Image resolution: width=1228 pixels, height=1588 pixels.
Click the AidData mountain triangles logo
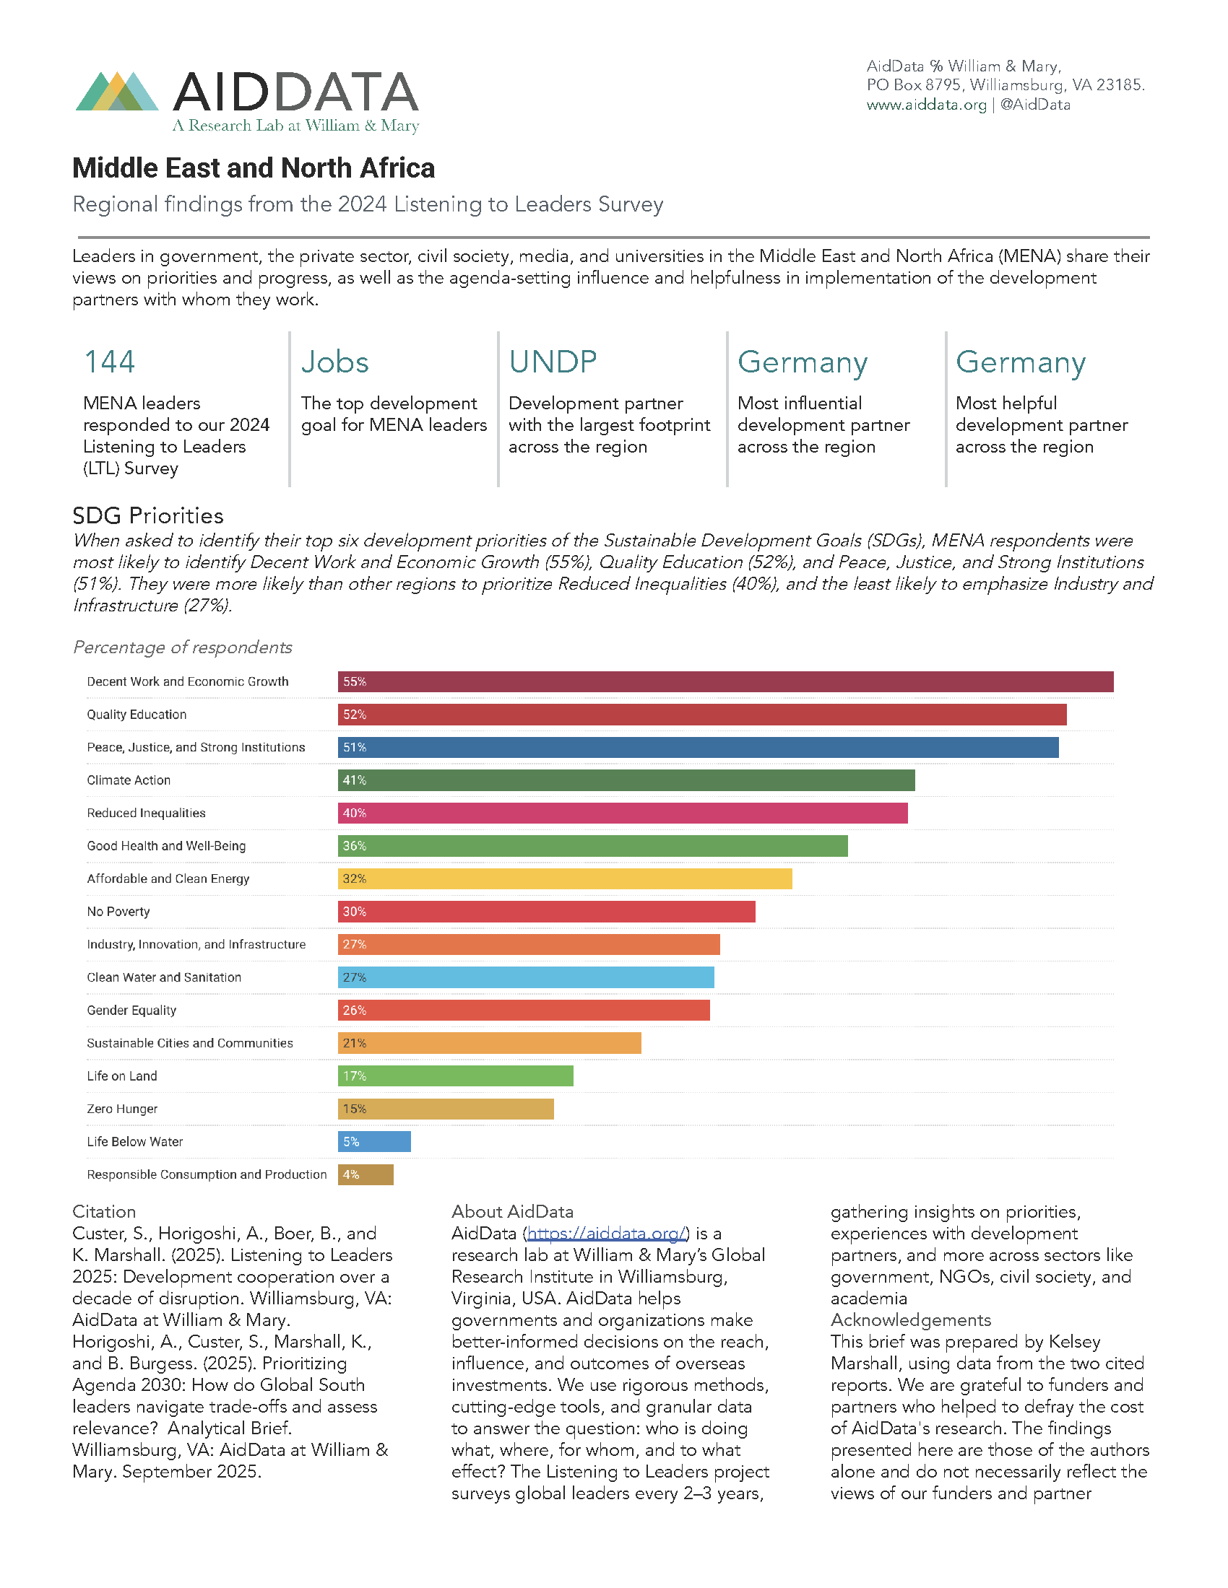pos(117,92)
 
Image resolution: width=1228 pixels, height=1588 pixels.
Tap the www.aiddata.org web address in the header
pos(926,105)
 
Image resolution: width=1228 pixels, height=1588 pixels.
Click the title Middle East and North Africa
pos(253,168)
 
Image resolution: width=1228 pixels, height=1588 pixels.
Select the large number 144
pos(110,362)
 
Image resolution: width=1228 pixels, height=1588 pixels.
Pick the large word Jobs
pos(334,362)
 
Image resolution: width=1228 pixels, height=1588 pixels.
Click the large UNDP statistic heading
pos(553,362)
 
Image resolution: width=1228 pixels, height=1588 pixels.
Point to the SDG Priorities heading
pos(147,515)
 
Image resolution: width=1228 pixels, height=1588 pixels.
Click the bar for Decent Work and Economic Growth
pos(725,682)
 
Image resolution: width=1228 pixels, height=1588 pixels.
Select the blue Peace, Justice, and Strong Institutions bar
pos(698,748)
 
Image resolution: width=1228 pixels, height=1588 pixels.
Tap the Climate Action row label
pos(129,780)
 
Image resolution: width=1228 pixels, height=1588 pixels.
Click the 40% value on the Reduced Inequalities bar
pos(354,813)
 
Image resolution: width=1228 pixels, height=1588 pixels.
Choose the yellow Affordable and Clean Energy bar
pos(565,878)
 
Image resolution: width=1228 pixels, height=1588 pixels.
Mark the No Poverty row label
pos(118,912)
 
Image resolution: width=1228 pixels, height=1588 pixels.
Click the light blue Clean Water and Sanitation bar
pos(526,977)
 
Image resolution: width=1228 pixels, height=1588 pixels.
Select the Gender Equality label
pos(131,1010)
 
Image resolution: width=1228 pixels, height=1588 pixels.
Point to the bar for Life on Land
pos(455,1076)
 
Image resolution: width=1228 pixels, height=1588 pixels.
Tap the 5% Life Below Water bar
pos(374,1142)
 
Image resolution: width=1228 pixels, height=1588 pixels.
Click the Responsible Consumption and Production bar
pos(366,1174)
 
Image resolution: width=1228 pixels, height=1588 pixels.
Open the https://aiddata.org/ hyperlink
pos(606,1233)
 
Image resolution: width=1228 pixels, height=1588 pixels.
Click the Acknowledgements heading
pos(911,1319)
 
